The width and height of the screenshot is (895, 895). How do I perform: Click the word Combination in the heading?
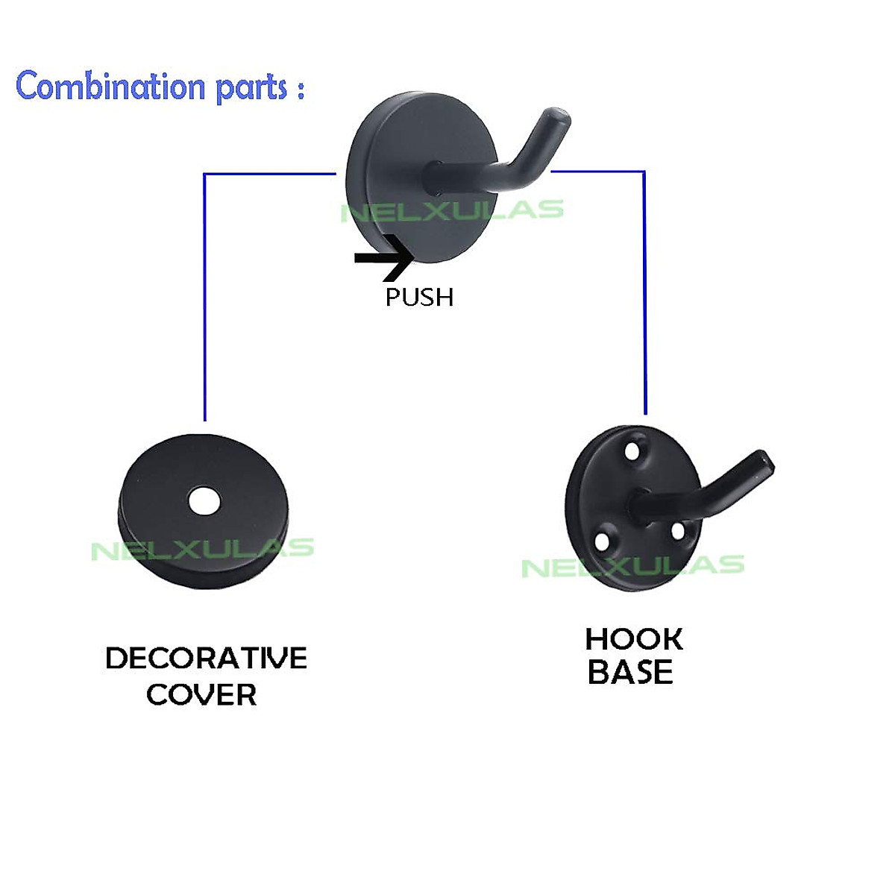pos(110,87)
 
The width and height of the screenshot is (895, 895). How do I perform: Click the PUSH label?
pos(419,297)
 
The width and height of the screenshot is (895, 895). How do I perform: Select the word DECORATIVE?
pos(206,659)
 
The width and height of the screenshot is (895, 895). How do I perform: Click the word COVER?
pos(201,695)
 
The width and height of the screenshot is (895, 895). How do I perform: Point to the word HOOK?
pos(633,639)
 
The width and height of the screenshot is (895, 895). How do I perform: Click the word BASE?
pos(630,673)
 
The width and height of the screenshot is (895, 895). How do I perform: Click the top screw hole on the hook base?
pos(633,451)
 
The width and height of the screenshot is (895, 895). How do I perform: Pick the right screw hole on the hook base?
pos(678,531)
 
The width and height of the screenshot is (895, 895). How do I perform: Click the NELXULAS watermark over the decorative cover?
pos(202,550)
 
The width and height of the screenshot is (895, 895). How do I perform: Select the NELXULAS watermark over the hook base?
pos(632,566)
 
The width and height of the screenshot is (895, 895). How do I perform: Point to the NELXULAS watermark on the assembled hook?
pos(452,211)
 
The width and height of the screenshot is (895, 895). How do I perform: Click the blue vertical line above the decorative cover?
pos(204,298)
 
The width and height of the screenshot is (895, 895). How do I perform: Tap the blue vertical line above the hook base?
pos(644,298)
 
